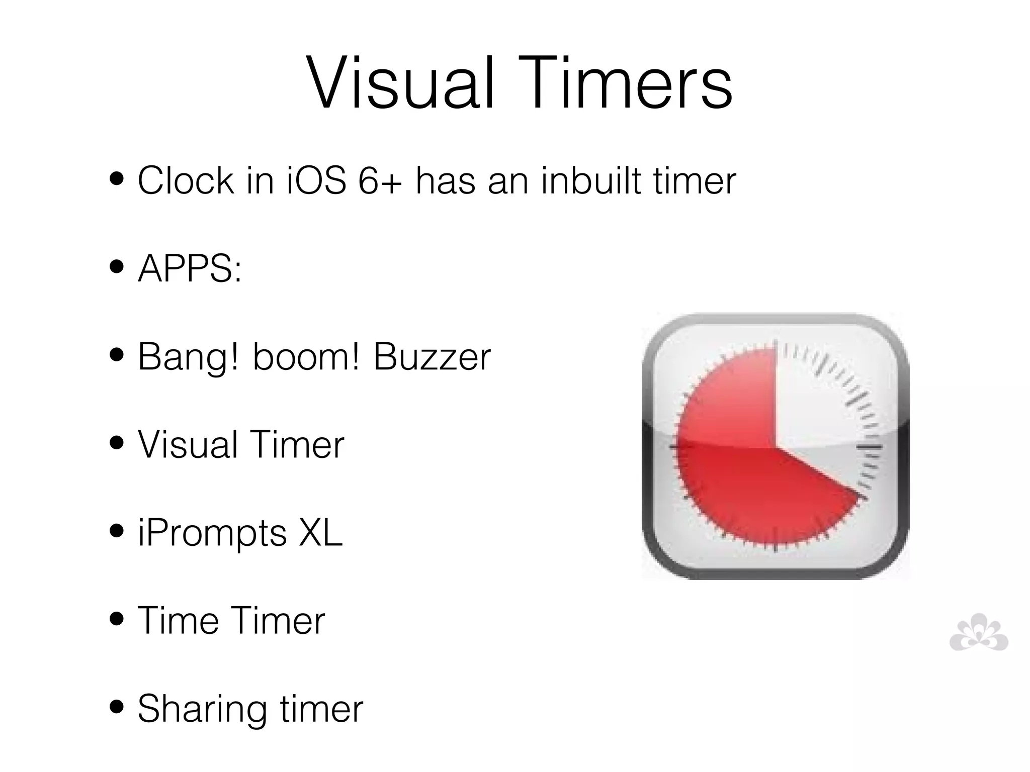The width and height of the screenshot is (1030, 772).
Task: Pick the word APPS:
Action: [x=190, y=268]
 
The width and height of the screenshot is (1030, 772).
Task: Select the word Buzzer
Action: [x=432, y=356]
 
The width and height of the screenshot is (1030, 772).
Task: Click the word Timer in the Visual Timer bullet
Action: [x=297, y=445]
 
